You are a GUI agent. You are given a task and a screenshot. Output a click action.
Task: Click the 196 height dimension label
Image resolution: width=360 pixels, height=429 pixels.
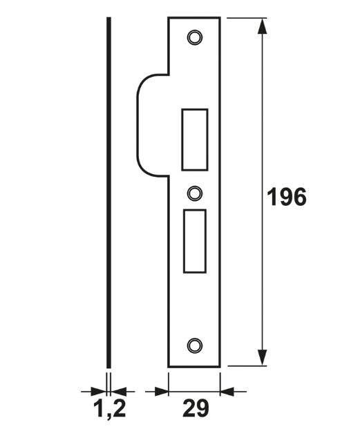[x=286, y=198]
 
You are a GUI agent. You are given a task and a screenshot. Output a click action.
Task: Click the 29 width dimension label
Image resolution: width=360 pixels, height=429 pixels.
[x=195, y=408]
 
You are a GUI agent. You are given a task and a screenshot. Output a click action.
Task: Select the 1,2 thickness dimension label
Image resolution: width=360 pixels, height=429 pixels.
[x=109, y=409]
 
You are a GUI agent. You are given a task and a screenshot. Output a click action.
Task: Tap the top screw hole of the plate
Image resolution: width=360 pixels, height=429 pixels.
[x=194, y=37]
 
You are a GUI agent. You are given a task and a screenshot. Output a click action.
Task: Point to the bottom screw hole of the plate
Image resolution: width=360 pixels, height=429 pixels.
[x=194, y=345]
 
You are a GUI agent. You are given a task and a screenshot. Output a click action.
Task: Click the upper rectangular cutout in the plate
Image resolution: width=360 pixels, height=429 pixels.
[x=194, y=139]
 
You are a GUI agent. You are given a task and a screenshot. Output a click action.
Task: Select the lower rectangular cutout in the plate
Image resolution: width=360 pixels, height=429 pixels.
[x=194, y=240]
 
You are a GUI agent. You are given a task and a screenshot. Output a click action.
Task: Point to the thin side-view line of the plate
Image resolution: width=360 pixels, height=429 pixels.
[x=108, y=193]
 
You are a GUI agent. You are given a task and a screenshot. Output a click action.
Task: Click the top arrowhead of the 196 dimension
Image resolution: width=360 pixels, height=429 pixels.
[x=262, y=26]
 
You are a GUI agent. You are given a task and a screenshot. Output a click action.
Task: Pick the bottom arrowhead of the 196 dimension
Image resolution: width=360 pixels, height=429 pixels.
[x=262, y=358]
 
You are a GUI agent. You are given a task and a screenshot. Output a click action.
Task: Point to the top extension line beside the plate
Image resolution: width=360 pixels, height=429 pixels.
[x=245, y=17]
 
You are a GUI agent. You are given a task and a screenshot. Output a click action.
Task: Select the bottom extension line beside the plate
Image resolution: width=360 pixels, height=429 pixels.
[x=245, y=366]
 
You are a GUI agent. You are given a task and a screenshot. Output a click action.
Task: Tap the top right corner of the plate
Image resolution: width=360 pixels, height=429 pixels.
[x=220, y=18]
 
